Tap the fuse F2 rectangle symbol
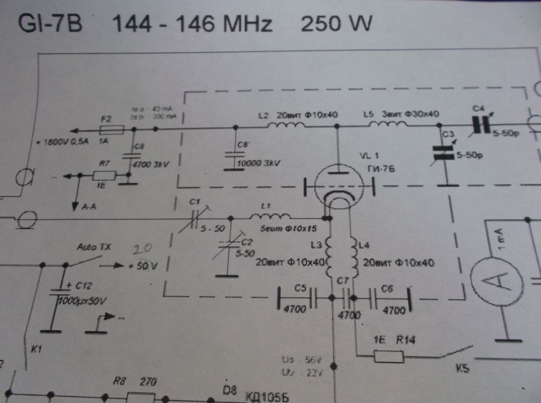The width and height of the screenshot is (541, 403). pos(111,129)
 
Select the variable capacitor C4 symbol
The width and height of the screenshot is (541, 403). pos(480,124)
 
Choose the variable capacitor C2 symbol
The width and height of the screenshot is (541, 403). pos(225,246)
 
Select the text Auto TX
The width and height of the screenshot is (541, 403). pos(94,247)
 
